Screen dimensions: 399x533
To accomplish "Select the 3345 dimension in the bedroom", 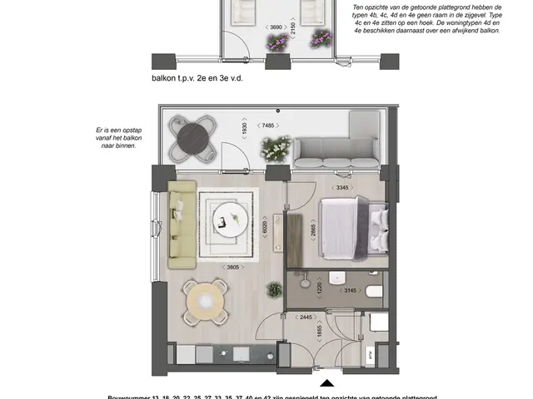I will (341, 188).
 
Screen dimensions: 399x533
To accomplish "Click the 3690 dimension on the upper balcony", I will (274, 27).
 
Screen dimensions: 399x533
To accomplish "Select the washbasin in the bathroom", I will (339, 278).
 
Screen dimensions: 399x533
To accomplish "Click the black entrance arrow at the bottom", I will (327, 384).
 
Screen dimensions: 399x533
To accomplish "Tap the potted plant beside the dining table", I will (273, 290).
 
